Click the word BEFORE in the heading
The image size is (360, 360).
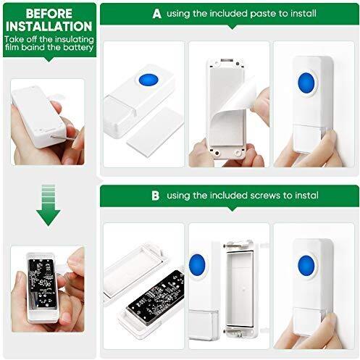pyautogui.click(x=49, y=14)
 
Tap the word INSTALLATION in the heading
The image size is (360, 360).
pyautogui.click(x=49, y=26)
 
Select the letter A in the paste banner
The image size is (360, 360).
pyautogui.click(x=157, y=14)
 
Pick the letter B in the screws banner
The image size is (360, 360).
pyautogui.click(x=156, y=196)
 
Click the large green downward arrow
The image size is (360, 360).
pyautogui.click(x=49, y=205)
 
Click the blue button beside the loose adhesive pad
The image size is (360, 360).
pyautogui.click(x=148, y=80)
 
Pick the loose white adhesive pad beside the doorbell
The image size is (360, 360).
pyautogui.click(x=155, y=133)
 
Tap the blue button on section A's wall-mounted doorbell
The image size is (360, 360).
pyautogui.click(x=306, y=83)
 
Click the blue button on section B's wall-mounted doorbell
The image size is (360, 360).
pyautogui.click(x=306, y=265)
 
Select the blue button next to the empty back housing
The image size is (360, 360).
pyautogui.click(x=197, y=265)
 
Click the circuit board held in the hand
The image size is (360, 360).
pyautogui.click(x=41, y=283)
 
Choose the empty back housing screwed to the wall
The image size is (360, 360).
pyautogui.click(x=240, y=289)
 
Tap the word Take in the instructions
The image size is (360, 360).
pyautogui.click(x=14, y=39)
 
